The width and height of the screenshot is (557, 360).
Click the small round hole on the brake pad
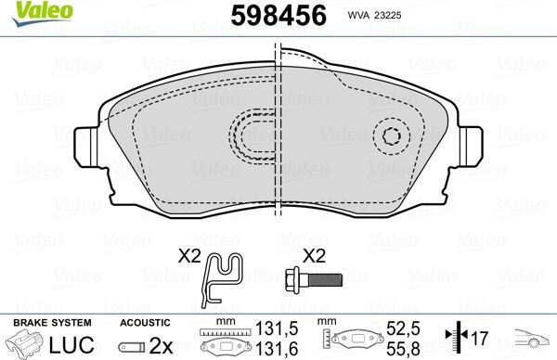click(x=391, y=137)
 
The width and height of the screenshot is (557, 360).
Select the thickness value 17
click(x=479, y=339)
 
